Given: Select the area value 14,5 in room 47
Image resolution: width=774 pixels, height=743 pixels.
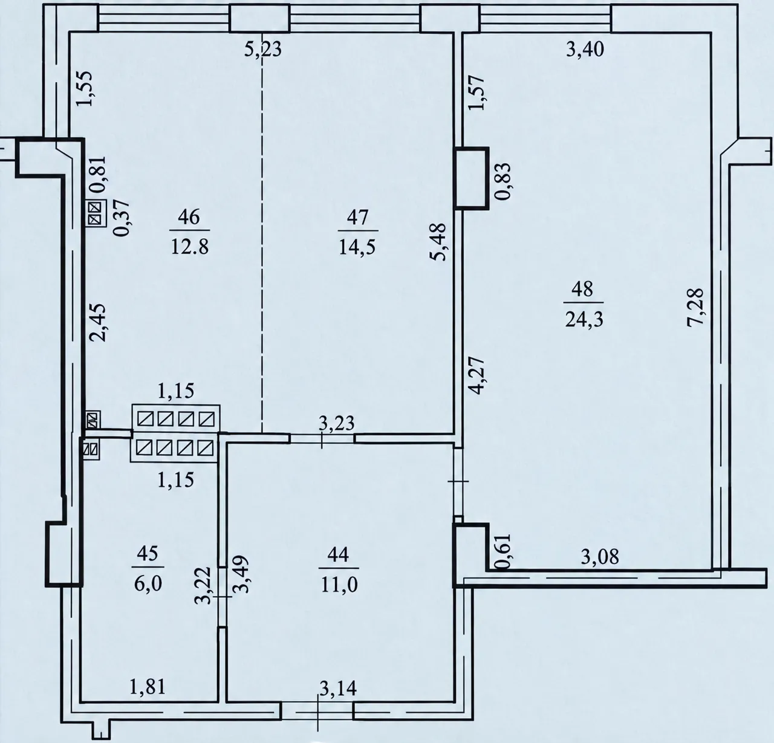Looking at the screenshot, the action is click(x=357, y=247).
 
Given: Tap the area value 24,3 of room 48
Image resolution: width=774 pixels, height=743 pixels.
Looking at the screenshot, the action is click(x=584, y=319).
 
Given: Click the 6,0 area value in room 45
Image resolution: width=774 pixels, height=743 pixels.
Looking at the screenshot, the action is click(x=148, y=584).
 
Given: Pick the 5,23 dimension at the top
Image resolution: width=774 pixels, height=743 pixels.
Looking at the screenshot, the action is click(x=263, y=50).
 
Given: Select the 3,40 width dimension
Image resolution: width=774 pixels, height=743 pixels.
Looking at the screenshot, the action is click(x=585, y=50).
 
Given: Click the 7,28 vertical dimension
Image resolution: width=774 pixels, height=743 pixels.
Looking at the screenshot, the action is click(x=695, y=308).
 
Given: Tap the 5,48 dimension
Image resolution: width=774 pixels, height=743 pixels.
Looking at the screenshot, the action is click(x=439, y=241).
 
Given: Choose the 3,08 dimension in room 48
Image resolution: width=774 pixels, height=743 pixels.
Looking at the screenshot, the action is click(x=600, y=557).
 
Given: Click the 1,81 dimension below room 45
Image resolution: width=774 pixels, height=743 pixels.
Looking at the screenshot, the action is click(x=148, y=687).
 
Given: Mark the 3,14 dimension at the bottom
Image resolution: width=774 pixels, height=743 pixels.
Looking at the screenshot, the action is click(x=338, y=689).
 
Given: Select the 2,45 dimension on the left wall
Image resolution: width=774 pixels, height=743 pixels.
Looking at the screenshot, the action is click(x=97, y=323).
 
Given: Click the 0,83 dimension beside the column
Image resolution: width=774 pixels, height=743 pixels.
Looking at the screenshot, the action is click(x=502, y=181).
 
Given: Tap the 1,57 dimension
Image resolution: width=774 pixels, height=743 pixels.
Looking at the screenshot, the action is click(x=476, y=92).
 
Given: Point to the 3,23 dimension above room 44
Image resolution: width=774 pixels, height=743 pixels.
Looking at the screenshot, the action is click(x=337, y=423).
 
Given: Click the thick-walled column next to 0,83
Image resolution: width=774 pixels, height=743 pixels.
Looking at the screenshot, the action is click(x=472, y=178).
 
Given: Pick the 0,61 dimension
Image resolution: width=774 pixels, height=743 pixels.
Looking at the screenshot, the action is click(x=502, y=551).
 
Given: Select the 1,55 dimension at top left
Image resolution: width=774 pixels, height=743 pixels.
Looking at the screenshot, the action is click(x=85, y=89).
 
